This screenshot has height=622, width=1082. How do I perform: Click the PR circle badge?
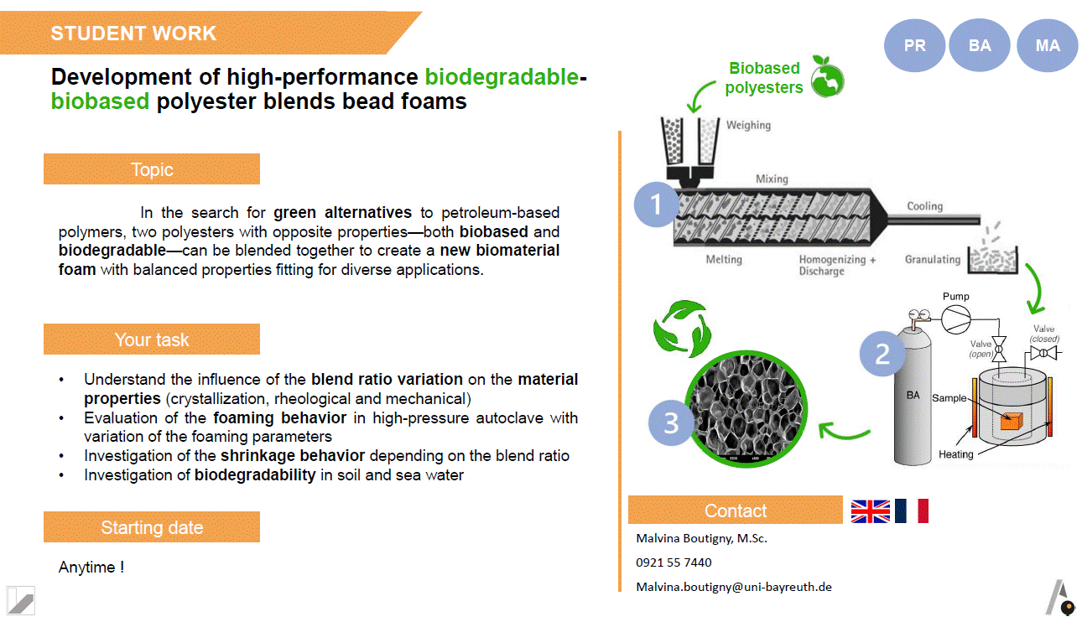tap(914, 45)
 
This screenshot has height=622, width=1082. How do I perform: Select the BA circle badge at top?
tap(980, 45)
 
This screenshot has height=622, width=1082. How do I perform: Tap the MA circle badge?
tap(1048, 45)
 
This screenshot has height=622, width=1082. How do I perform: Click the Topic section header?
tap(152, 169)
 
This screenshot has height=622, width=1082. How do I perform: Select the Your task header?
tap(152, 339)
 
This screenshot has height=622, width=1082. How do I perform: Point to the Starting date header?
tap(152, 527)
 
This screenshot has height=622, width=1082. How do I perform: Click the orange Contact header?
tap(736, 510)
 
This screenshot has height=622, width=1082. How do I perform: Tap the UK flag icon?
tap(871, 511)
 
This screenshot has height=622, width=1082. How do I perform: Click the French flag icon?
tap(912, 511)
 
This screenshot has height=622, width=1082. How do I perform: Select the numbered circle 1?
tap(655, 205)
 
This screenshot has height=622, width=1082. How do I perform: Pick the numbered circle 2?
tap(882, 354)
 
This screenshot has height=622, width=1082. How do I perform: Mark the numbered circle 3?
tap(671, 423)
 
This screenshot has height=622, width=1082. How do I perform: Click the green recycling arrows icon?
tap(682, 329)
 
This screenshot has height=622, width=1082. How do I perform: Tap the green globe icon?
tap(827, 77)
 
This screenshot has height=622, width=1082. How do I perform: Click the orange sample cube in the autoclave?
tap(1012, 421)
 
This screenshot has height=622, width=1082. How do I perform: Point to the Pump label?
tap(955, 296)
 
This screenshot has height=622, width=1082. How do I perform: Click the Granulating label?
tap(932, 260)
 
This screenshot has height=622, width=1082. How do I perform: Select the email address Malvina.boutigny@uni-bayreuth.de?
tap(734, 587)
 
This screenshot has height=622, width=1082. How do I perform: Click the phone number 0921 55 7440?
tap(674, 562)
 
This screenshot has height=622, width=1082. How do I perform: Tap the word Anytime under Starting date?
tap(86, 568)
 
